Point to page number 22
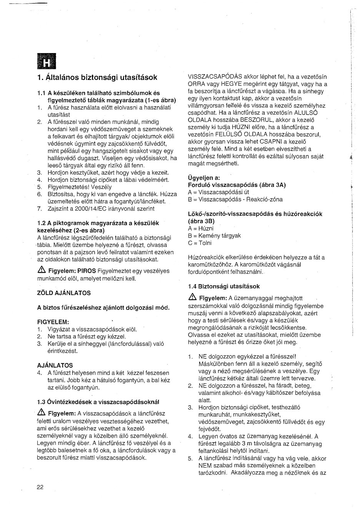40,487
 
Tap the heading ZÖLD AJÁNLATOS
64,293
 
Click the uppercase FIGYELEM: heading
53,322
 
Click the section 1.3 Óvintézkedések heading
98,402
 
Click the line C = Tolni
200,243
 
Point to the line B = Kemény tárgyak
214,236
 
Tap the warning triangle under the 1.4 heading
192,297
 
